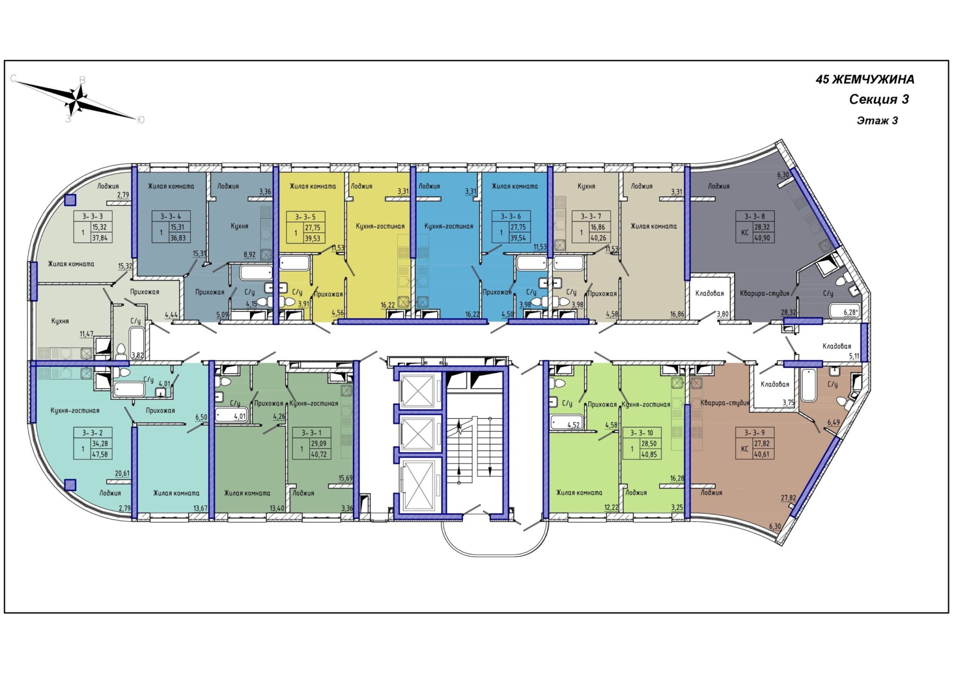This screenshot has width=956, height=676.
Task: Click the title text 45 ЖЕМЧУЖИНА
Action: (x=865, y=79)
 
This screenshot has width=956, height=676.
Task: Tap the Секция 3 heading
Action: (x=879, y=99)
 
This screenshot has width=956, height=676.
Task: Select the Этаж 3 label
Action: (x=877, y=120)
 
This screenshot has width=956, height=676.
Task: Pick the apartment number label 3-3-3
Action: (x=92, y=216)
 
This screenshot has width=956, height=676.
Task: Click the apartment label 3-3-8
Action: (x=755, y=216)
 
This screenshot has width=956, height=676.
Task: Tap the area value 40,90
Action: (x=762, y=238)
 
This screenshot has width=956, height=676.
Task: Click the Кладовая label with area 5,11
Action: (x=836, y=346)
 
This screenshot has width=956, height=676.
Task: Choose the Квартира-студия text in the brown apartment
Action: (x=725, y=402)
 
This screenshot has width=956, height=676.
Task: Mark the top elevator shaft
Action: (x=419, y=390)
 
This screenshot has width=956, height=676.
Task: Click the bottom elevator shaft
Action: (x=419, y=485)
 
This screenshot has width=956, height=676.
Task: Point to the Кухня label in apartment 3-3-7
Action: (x=586, y=186)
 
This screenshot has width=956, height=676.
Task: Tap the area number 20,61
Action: (x=122, y=473)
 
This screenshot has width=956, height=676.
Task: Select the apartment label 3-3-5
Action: (x=305, y=217)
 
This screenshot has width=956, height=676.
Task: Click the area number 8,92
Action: (x=250, y=254)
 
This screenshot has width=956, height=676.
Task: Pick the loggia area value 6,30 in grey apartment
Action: (x=783, y=175)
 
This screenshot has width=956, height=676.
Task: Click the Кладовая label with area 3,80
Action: (x=710, y=293)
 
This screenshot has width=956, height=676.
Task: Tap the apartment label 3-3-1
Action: (x=311, y=433)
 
